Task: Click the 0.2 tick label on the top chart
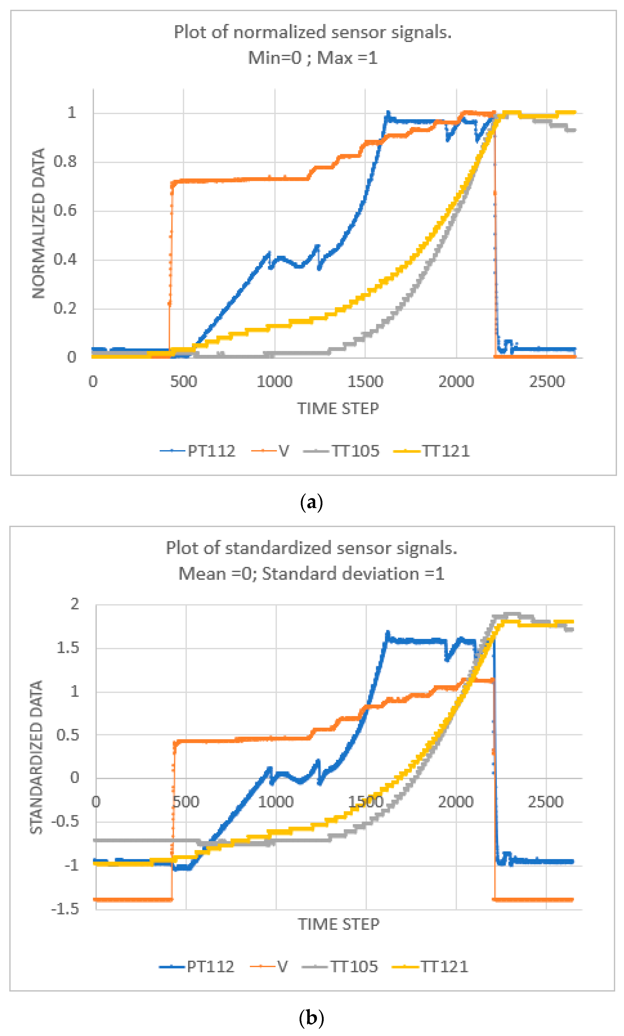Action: click(65, 308)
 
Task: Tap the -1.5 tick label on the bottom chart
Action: click(65, 909)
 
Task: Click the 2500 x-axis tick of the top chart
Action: click(547, 382)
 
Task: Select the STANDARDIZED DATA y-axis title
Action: click(37, 757)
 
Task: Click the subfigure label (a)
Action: click(312, 502)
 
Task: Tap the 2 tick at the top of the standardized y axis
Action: click(74, 604)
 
